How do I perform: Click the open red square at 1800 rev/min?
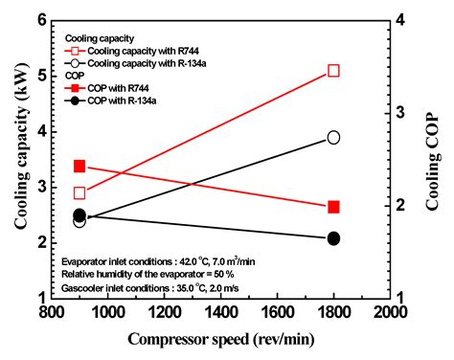[x=333, y=71]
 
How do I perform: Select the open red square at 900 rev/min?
[x=79, y=192]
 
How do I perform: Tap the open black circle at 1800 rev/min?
[x=333, y=137]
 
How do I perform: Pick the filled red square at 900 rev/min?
[x=79, y=167]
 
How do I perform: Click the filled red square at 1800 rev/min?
[x=333, y=207]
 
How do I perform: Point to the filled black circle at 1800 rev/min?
[x=333, y=238]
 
